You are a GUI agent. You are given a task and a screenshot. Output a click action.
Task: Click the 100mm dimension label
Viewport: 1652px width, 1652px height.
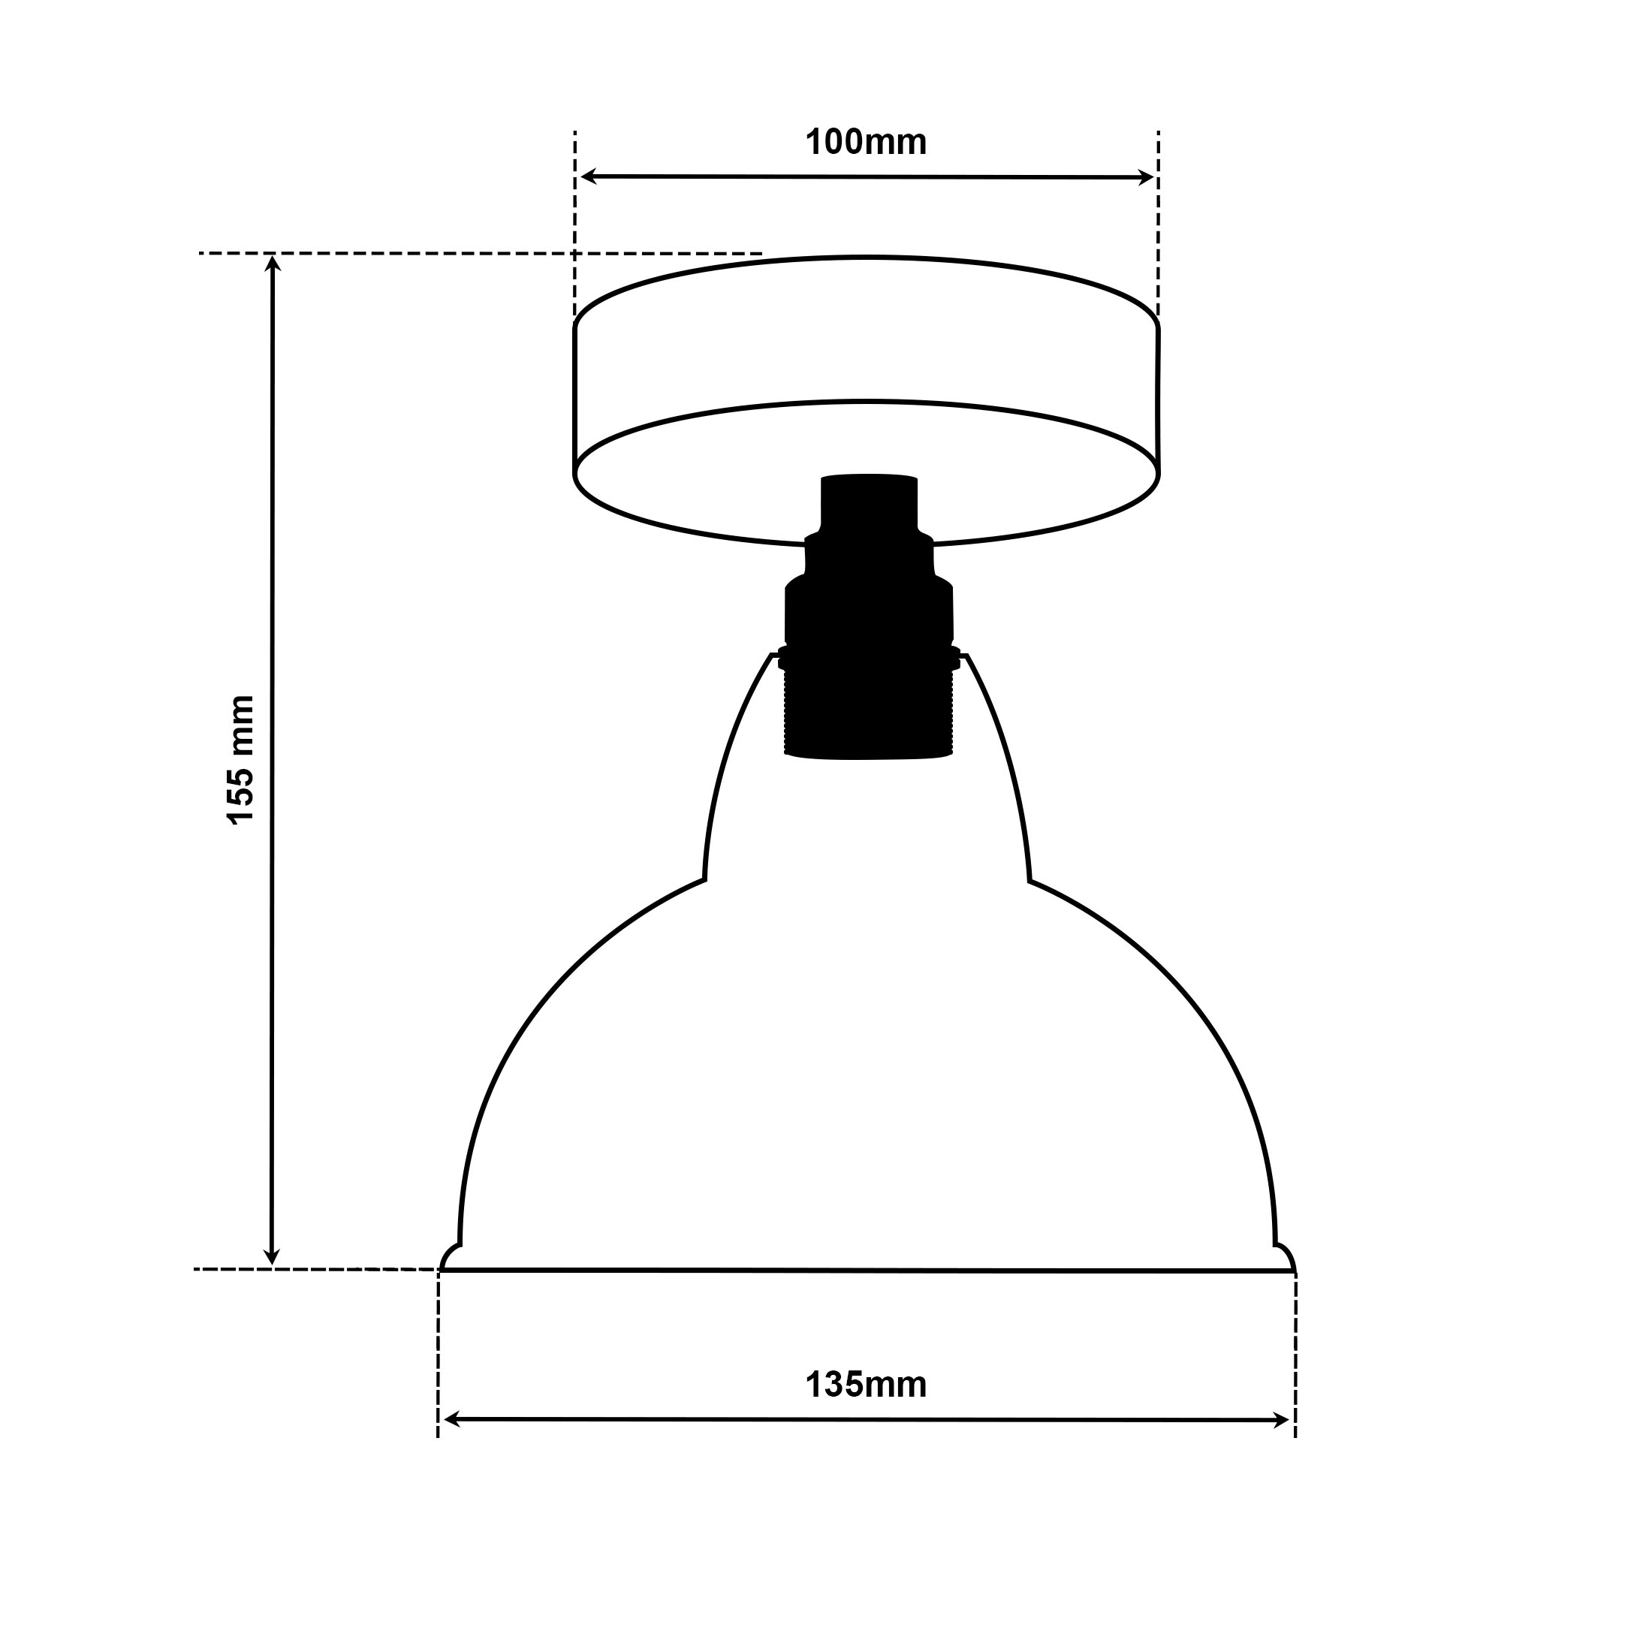[x=867, y=142]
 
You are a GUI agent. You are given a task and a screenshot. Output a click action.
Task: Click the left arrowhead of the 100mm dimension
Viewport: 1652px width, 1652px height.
[x=588, y=176]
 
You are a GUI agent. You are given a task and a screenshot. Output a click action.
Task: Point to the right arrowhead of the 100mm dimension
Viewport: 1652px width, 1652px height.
[x=1146, y=178]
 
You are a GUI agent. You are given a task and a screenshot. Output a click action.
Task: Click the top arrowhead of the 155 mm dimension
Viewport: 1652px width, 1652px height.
[x=273, y=263]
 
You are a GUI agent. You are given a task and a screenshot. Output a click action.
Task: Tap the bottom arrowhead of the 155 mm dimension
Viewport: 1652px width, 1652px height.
[x=272, y=1256]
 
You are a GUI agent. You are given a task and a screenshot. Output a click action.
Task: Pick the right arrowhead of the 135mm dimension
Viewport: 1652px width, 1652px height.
[x=1280, y=1421]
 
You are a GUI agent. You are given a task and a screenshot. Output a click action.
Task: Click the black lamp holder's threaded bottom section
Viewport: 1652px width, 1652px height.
[x=869, y=715]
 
